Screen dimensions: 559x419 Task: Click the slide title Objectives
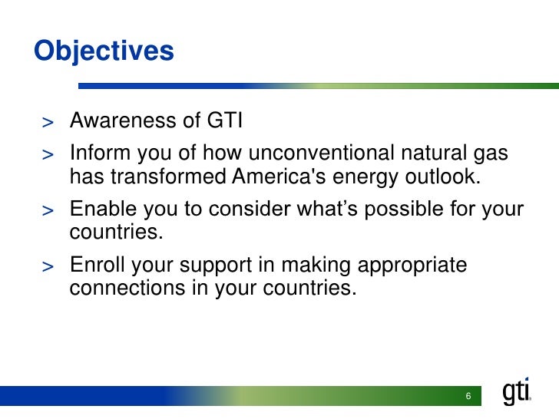coord(104,51)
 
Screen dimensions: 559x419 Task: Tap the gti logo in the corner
coord(517,391)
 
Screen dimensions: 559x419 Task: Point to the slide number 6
coord(468,396)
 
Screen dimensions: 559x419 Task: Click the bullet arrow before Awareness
coord(48,123)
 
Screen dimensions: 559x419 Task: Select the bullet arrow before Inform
coord(48,155)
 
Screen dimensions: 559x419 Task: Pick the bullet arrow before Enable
coord(48,210)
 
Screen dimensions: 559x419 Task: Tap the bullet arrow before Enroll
coord(48,266)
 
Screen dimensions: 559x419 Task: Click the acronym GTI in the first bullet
coord(224,120)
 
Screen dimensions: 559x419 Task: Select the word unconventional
coord(321,153)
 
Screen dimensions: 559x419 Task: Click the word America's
coord(279,176)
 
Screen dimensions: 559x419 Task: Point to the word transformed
coord(168,176)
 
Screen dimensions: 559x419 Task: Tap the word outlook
coord(443,176)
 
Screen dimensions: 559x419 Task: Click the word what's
coord(327,209)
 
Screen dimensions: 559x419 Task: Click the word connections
coord(127,288)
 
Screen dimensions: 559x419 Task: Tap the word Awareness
coord(123,120)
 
